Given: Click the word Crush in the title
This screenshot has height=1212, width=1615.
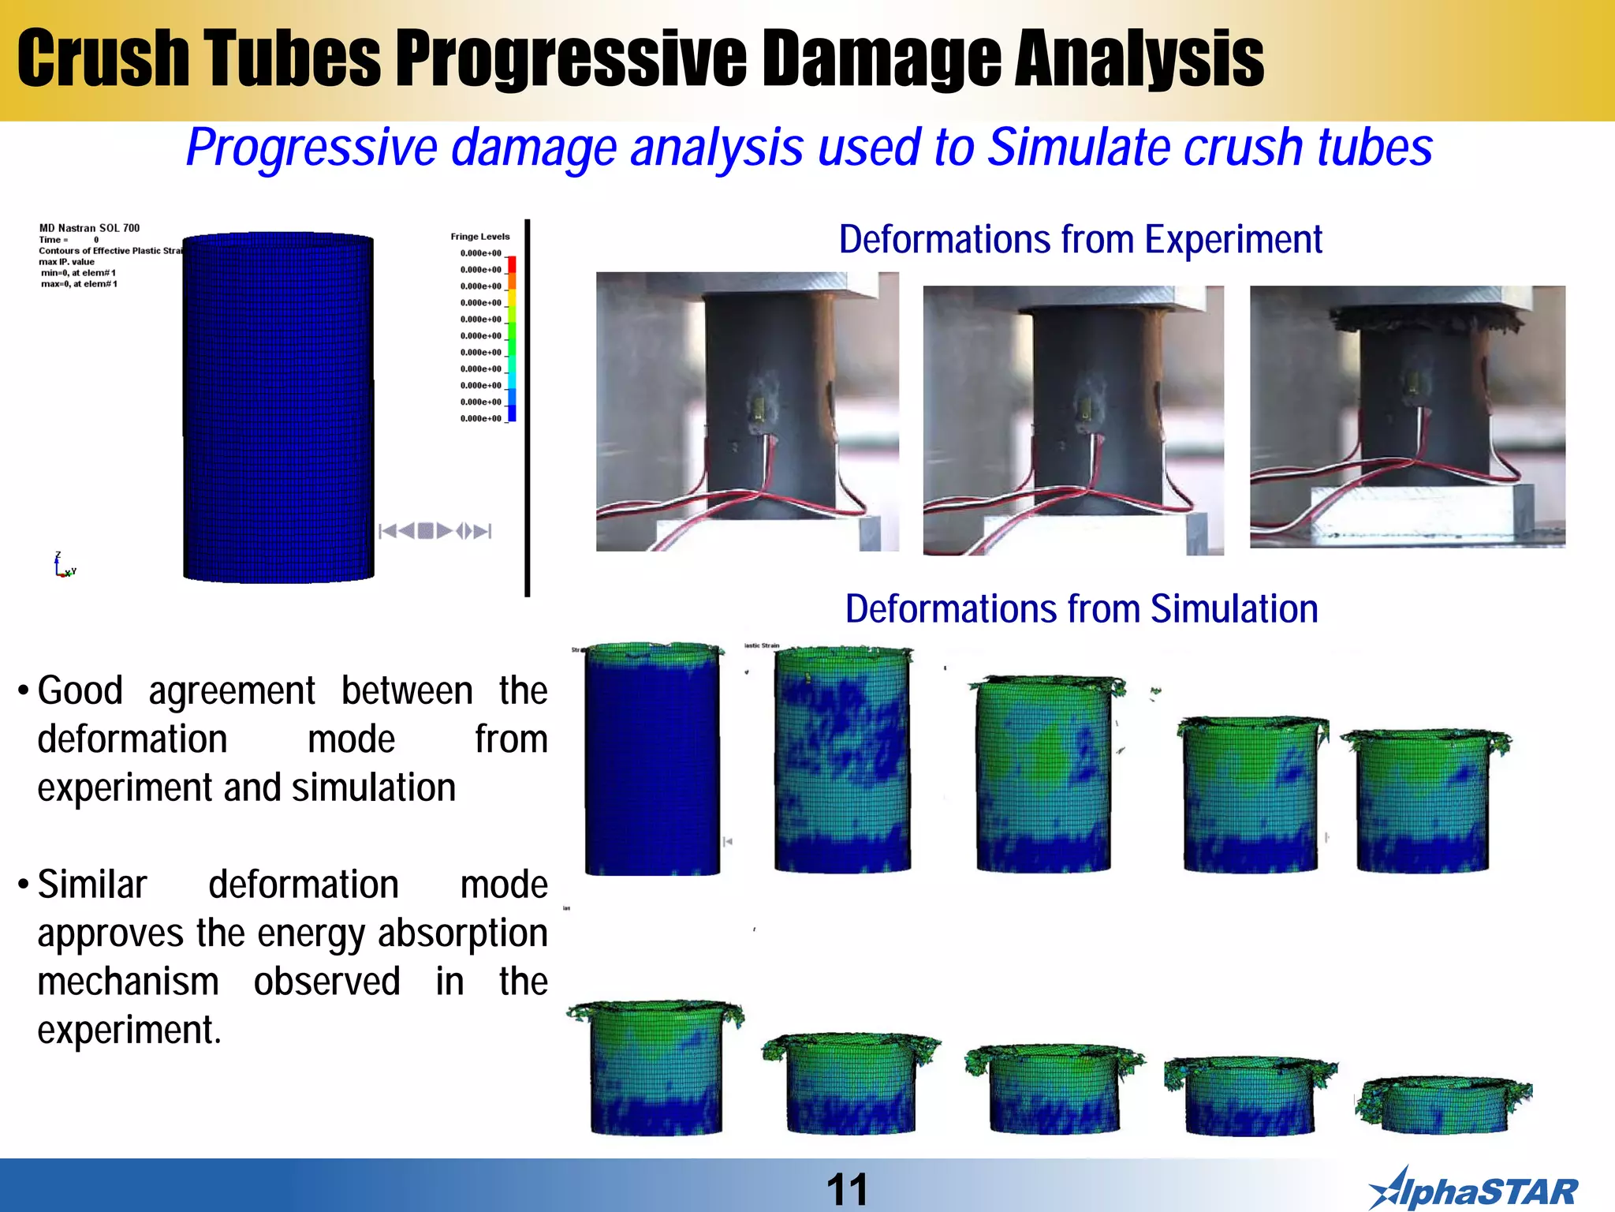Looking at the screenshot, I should pos(103,58).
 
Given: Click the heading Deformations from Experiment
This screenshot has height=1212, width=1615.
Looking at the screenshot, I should pos(1080,240).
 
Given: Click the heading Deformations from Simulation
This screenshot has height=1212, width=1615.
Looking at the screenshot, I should pos(1081,609).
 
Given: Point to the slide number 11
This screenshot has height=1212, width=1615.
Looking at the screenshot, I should pos(847,1189).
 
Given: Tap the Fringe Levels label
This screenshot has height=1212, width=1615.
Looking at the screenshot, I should pos(479,237).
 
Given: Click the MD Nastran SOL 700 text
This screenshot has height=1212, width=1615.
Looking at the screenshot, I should pos(89,228).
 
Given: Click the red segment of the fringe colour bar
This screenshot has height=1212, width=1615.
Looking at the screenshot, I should pos(511,264).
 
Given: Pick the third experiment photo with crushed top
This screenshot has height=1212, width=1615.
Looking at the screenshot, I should pos(1407,417).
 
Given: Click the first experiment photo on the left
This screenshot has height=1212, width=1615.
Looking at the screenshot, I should pos(747,411).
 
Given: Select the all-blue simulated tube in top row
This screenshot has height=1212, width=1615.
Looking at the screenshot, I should pos(652,759).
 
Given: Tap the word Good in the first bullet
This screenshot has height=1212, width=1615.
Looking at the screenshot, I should pos(80,691).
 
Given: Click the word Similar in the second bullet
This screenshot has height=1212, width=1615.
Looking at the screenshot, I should pos(92,885).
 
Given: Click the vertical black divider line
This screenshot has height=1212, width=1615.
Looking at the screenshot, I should pos(527,408).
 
